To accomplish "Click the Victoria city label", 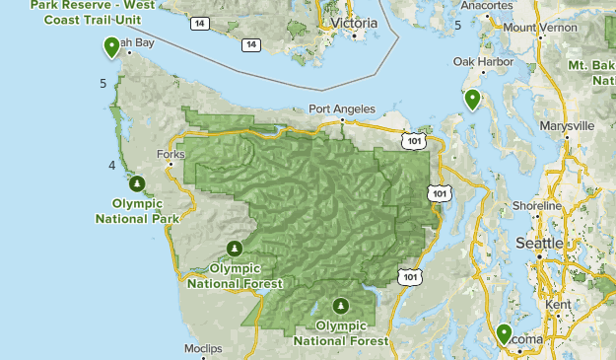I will (x=356, y=22).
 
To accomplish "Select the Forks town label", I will (x=171, y=154).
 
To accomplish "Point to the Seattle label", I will (x=539, y=243).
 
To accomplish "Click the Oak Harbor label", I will (x=478, y=61).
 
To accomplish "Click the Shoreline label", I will (x=536, y=205).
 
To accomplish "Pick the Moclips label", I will (x=204, y=349).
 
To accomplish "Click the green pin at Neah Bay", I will (x=112, y=46).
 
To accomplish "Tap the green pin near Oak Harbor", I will (x=473, y=99).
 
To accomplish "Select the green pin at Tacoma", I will (x=504, y=333).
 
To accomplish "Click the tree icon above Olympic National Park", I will (x=137, y=182).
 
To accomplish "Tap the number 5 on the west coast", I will (x=103, y=84).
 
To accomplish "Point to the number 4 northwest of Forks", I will (x=112, y=165).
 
